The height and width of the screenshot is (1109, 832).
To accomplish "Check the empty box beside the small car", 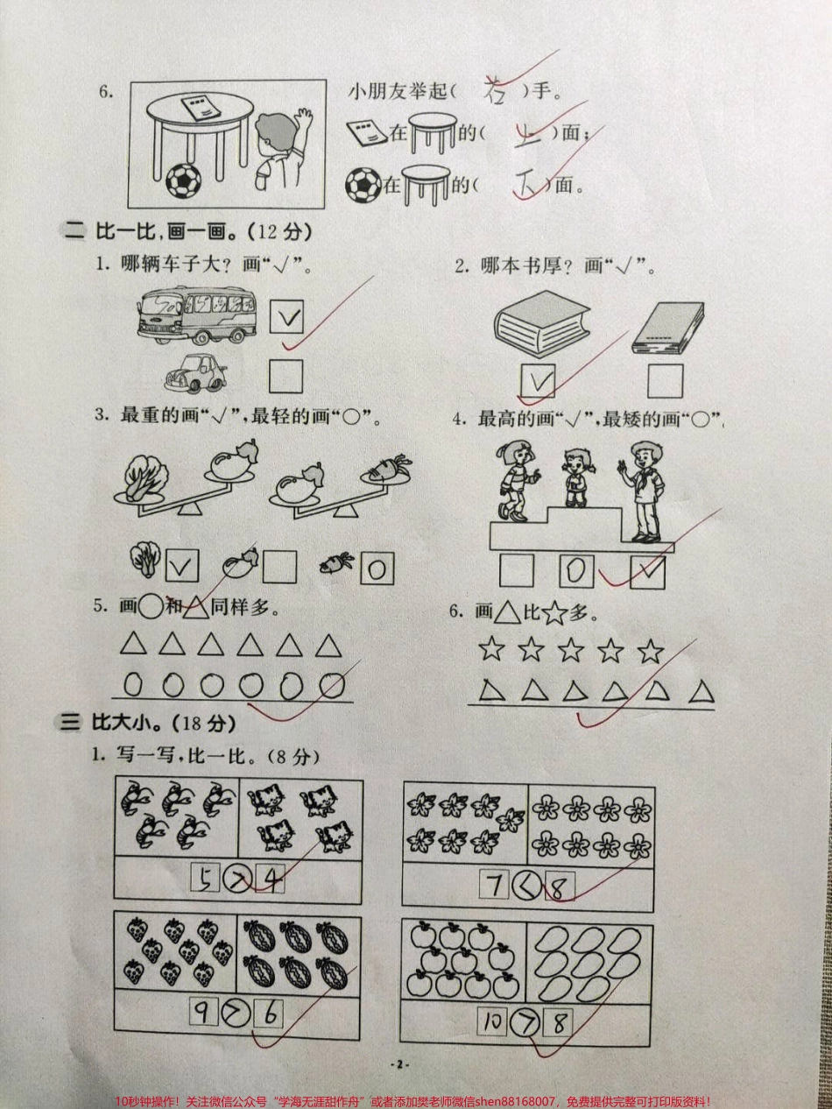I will click(x=286, y=377).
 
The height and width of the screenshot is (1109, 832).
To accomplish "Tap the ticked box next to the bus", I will click(x=287, y=319).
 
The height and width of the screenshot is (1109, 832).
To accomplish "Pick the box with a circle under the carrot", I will click(x=376, y=569).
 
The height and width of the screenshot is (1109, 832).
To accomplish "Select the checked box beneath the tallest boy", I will click(x=648, y=572).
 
